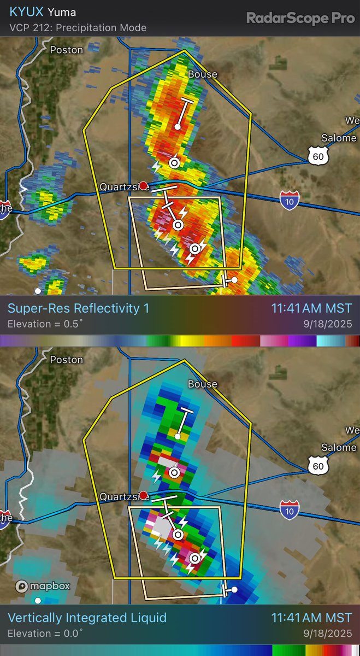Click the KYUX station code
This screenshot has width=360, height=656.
coord(25,12)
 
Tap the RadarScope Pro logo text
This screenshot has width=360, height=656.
coord(300,18)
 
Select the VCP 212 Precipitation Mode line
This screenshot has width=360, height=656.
coord(78,27)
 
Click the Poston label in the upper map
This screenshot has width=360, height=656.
coord(67,50)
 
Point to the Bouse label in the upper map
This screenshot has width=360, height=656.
coord(202,74)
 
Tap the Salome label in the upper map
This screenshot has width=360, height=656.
coord(338,138)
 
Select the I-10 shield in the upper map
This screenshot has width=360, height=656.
coord(289,201)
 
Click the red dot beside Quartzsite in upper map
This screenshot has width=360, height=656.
coord(143,186)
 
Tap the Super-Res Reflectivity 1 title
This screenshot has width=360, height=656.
coord(78,308)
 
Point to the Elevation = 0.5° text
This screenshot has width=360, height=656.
coord(45,324)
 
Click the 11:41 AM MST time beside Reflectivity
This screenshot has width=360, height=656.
coord(311,308)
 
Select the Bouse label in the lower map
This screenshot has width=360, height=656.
coord(202,384)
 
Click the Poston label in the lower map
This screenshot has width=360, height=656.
coord(67,360)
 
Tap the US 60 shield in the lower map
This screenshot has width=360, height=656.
coord(317,465)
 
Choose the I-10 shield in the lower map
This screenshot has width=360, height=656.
coord(289,511)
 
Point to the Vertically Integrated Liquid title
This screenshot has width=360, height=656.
coord(87,618)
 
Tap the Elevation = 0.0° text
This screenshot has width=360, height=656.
coord(45,634)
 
